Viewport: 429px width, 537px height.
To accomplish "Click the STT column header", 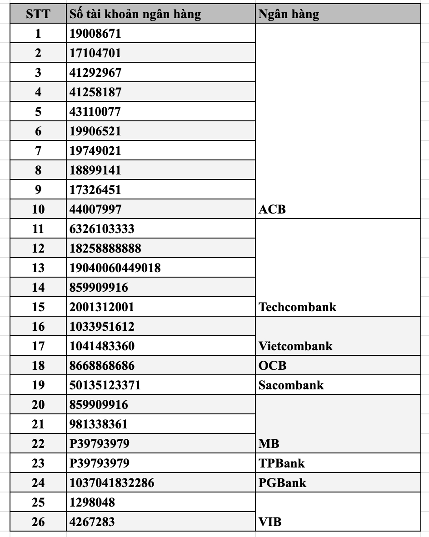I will (x=38, y=14).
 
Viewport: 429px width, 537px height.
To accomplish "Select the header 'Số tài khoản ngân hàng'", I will (x=135, y=14).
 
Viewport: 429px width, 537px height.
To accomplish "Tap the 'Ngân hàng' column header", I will (x=289, y=14).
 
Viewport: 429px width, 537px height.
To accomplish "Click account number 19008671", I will (x=95, y=34).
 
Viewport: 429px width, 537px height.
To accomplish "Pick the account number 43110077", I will (x=95, y=112).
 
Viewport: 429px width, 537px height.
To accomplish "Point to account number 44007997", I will (x=95, y=209).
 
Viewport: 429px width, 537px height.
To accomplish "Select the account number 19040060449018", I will (x=115, y=268).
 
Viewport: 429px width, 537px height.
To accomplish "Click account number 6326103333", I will (x=102, y=229).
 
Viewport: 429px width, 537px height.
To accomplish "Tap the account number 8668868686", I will (x=102, y=366).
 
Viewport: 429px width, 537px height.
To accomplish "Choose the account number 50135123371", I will (x=105, y=385).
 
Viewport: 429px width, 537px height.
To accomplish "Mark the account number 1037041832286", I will (x=112, y=483).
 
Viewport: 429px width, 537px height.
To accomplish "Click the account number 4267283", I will (x=92, y=522).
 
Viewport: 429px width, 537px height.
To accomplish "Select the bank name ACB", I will (x=272, y=209).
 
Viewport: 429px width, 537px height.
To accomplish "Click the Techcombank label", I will (x=297, y=307).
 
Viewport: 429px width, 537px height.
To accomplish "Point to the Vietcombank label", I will (x=295, y=346).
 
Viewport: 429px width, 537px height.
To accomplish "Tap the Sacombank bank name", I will (x=291, y=385).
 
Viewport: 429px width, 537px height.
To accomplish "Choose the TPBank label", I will (x=281, y=463).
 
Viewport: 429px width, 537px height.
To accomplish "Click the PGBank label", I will (x=282, y=483).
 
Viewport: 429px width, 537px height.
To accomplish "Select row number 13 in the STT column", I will (x=38, y=268).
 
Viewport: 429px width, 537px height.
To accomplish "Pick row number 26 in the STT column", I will (x=38, y=522).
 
